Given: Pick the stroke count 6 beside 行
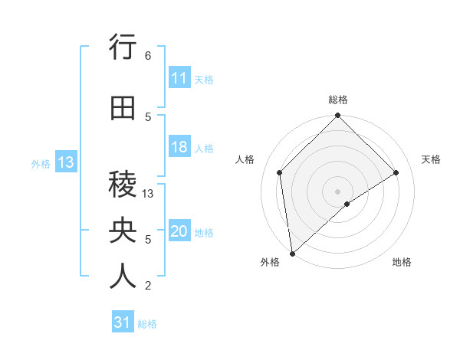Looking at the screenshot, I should coord(147,55).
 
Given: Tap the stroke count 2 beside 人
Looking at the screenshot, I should coord(147,285).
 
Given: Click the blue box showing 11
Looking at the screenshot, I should coord(179,78).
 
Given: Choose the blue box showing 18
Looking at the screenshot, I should coord(179,147).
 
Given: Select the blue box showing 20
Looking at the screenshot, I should coord(179,231).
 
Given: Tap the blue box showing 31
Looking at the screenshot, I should coord(123,322).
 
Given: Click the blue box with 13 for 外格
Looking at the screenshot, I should coord(65,162).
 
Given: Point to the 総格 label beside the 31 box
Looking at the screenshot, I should coord(147,324).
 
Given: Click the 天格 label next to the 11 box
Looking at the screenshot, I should coord(204,79).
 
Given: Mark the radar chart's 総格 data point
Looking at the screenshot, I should coord(337,116).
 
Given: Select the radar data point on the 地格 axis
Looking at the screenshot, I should coord(347,204).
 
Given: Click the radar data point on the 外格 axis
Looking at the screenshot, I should coord(291,254).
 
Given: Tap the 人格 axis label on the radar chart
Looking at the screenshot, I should coord(245,159).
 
